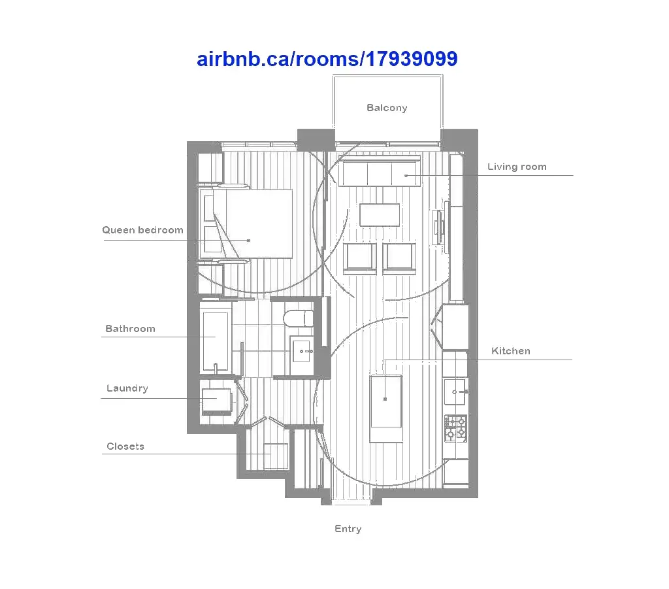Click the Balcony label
tap(387, 108)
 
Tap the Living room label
tap(517, 167)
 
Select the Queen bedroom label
tap(142, 231)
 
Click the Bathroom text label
tap(130, 329)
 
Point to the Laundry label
tap(127, 388)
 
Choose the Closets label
tap(125, 446)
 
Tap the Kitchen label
tap(511, 351)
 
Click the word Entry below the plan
tap(348, 530)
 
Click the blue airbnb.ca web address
tap(327, 59)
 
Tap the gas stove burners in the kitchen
tap(455, 429)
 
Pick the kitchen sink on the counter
tap(455, 392)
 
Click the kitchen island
tap(386, 409)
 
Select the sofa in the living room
tap(380, 171)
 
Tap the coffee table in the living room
tap(380, 214)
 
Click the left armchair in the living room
tap(360, 258)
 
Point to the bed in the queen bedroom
tap(246, 224)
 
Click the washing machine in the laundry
tap(216, 401)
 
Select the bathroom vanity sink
tap(302, 351)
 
